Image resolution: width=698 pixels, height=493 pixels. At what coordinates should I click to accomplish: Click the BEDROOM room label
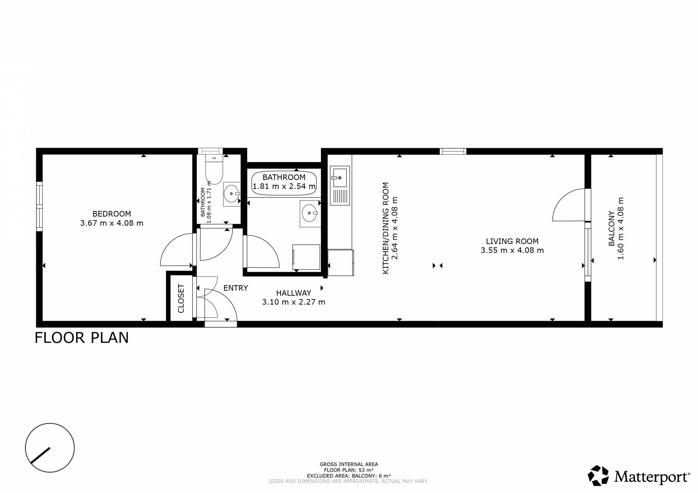click(112, 214)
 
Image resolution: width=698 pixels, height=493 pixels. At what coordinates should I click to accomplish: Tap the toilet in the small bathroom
click(214, 169)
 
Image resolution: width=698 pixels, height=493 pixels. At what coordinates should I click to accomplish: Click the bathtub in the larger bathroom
click(284, 184)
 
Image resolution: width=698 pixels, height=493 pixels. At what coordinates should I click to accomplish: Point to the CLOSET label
click(181, 299)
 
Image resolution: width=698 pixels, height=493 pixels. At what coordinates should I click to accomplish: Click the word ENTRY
click(236, 288)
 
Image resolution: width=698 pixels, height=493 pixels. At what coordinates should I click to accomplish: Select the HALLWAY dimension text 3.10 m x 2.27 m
click(294, 302)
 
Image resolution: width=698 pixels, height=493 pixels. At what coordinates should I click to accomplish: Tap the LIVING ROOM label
click(512, 241)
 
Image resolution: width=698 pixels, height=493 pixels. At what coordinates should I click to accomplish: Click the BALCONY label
click(611, 229)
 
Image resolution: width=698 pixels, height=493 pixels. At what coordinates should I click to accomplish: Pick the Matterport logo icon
click(598, 475)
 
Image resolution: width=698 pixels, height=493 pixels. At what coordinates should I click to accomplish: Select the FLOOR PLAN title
click(82, 338)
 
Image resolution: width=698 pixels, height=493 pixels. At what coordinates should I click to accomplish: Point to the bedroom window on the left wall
click(39, 206)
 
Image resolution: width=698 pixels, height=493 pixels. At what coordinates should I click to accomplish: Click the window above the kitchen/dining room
click(453, 151)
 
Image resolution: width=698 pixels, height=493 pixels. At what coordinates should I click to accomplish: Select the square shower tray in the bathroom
click(306, 257)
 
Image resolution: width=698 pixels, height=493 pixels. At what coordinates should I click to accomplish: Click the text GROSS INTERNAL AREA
click(349, 464)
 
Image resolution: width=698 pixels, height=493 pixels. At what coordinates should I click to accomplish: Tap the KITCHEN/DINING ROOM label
click(386, 228)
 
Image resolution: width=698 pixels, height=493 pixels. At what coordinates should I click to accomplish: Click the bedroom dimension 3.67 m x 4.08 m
click(112, 223)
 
